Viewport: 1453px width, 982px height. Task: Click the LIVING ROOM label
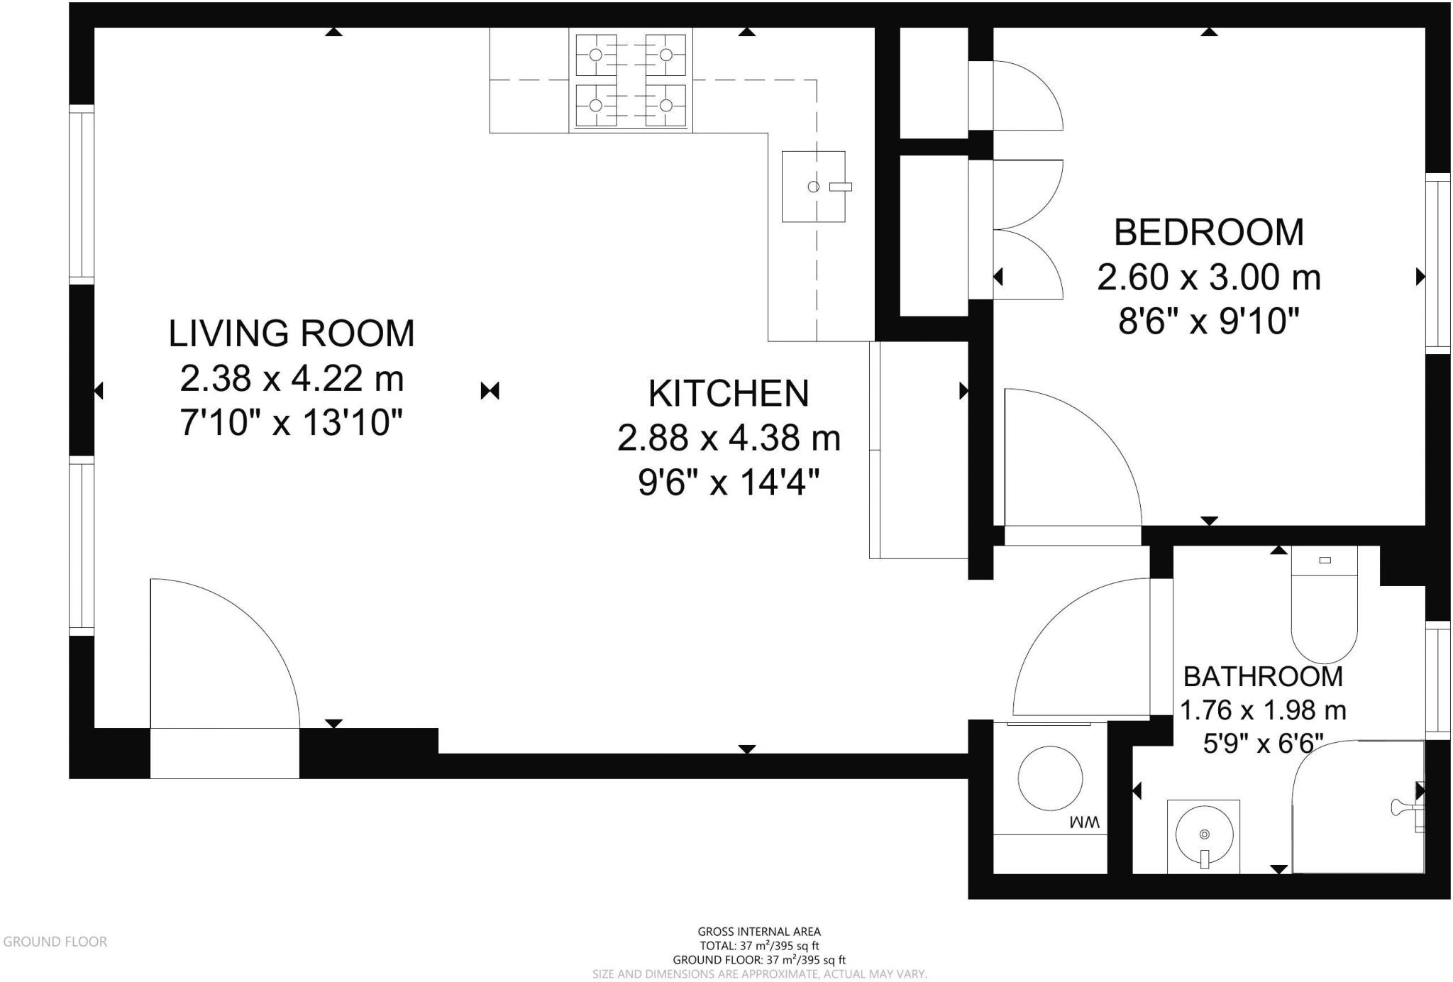pyautogui.click(x=292, y=333)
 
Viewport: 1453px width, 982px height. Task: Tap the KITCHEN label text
pyautogui.click(x=729, y=394)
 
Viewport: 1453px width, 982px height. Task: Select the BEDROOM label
pyautogui.click(x=1209, y=232)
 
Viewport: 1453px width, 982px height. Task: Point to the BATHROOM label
pyautogui.click(x=1263, y=677)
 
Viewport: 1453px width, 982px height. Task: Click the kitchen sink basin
pyautogui.click(x=814, y=187)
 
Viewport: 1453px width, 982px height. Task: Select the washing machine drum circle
pyautogui.click(x=1050, y=778)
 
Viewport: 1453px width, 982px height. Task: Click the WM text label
pyautogui.click(x=1085, y=822)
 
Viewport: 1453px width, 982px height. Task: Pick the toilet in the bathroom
pyautogui.click(x=1324, y=605)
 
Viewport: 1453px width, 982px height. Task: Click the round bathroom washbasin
pyautogui.click(x=1204, y=834)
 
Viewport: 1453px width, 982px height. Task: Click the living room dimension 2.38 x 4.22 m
pyautogui.click(x=292, y=378)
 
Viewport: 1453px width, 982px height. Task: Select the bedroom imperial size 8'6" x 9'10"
pyautogui.click(x=1209, y=321)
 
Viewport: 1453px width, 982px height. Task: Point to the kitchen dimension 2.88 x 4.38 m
pyautogui.click(x=729, y=438)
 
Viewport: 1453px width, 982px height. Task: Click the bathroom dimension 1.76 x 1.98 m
pyautogui.click(x=1263, y=710)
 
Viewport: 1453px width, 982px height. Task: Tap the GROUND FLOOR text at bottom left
pyautogui.click(x=55, y=942)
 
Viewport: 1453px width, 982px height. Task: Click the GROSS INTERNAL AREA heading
pyautogui.click(x=759, y=932)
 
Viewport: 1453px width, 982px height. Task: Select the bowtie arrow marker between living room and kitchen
pyautogui.click(x=490, y=390)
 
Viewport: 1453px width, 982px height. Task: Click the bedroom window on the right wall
pyautogui.click(x=1437, y=263)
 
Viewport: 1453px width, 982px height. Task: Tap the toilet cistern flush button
pyautogui.click(x=1325, y=561)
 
